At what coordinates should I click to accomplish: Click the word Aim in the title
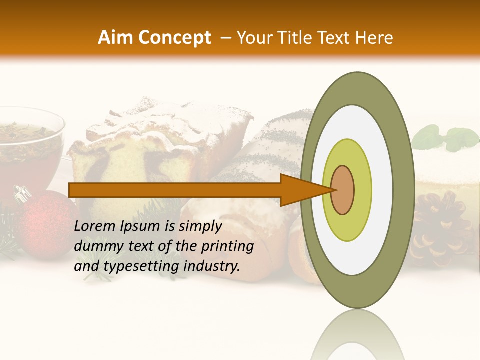116,38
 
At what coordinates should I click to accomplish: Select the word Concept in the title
175,38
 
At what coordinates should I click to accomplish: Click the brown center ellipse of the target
342,190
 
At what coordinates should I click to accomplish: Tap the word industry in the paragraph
212,266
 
